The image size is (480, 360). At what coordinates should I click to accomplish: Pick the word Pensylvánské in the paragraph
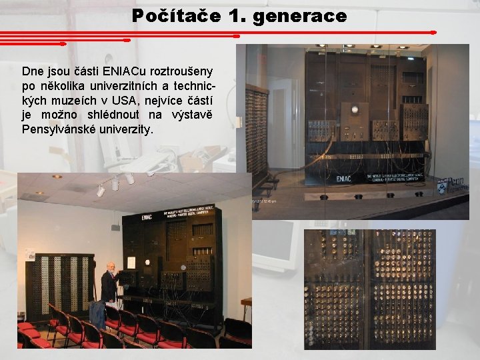click(x=59, y=128)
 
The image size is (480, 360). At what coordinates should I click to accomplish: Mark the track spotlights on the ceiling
click(x=114, y=183)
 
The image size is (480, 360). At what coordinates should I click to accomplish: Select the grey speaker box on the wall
click(x=115, y=227)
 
